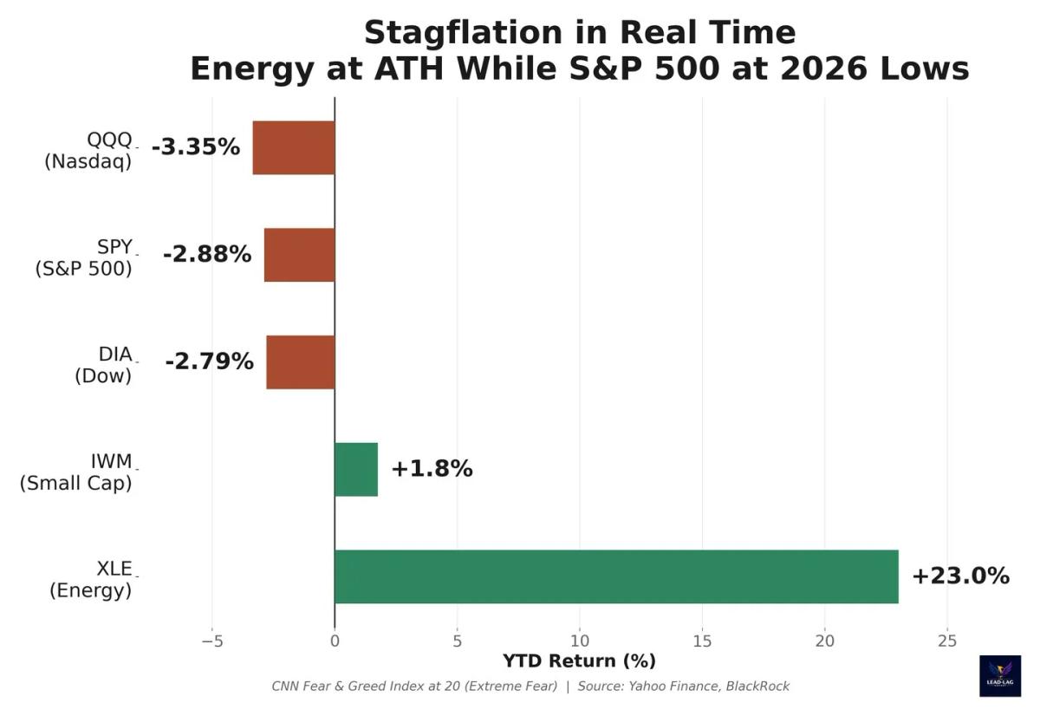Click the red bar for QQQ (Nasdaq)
pos(294,147)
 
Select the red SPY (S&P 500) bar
pos(299,255)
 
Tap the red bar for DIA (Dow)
pos(301,362)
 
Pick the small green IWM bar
pos(356,469)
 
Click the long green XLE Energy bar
pos(616,576)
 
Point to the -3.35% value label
pos(195,147)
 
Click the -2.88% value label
pos(207,255)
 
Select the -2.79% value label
pos(209,362)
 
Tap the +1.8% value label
pos(432,469)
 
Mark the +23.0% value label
pos(960,576)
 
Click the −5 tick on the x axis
pos(211,641)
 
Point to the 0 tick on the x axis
pos(335,641)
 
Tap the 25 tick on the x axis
pos(947,641)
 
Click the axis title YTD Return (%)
pos(579,661)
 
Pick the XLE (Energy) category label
pos(91,579)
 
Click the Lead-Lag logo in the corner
pos(999,676)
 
